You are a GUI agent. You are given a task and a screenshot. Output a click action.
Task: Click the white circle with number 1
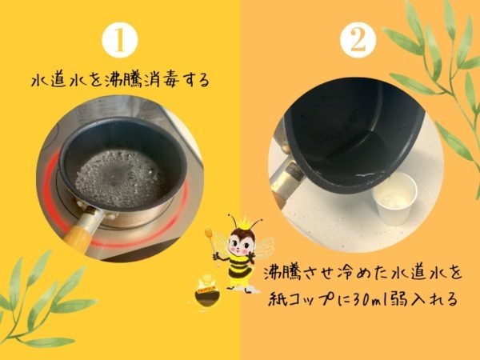pyautogui.click(x=120, y=40)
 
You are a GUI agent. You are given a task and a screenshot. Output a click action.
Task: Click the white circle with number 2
pyautogui.click(x=358, y=40)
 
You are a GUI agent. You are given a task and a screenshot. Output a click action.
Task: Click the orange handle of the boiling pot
pyautogui.click(x=77, y=235)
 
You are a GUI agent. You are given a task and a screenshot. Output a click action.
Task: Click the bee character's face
pyautogui.click(x=242, y=242)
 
